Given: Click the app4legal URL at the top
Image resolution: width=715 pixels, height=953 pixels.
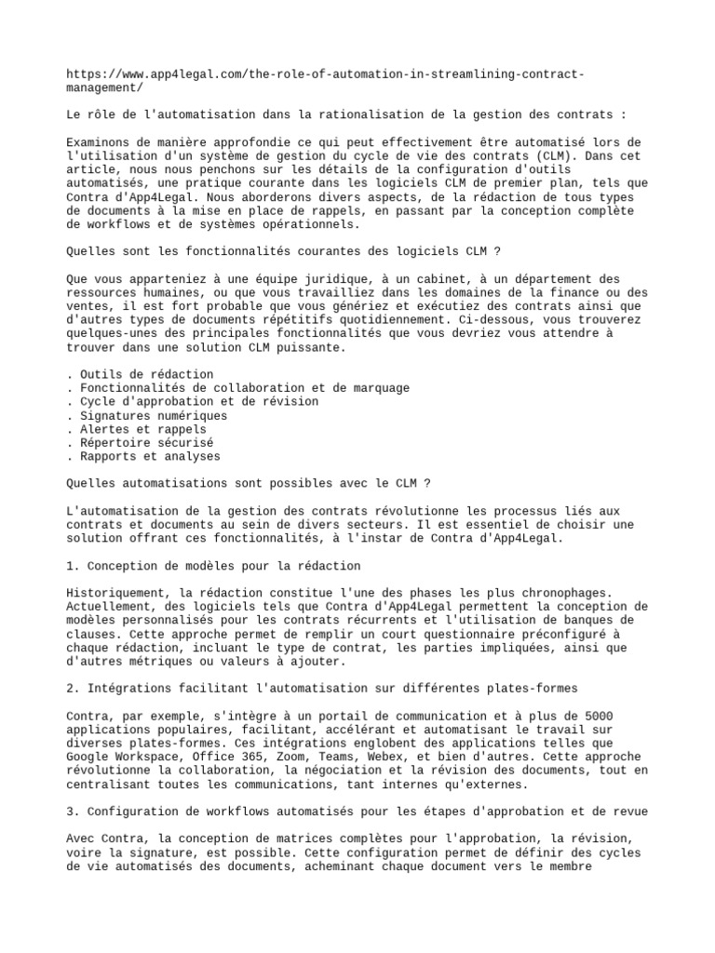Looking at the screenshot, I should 326,74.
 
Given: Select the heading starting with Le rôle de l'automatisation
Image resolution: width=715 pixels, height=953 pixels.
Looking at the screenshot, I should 347,114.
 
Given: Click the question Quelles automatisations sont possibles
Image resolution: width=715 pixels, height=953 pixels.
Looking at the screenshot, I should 249,484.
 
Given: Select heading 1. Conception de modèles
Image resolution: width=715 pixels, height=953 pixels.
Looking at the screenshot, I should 214,566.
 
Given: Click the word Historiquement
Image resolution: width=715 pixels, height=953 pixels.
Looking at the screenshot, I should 118,593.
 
